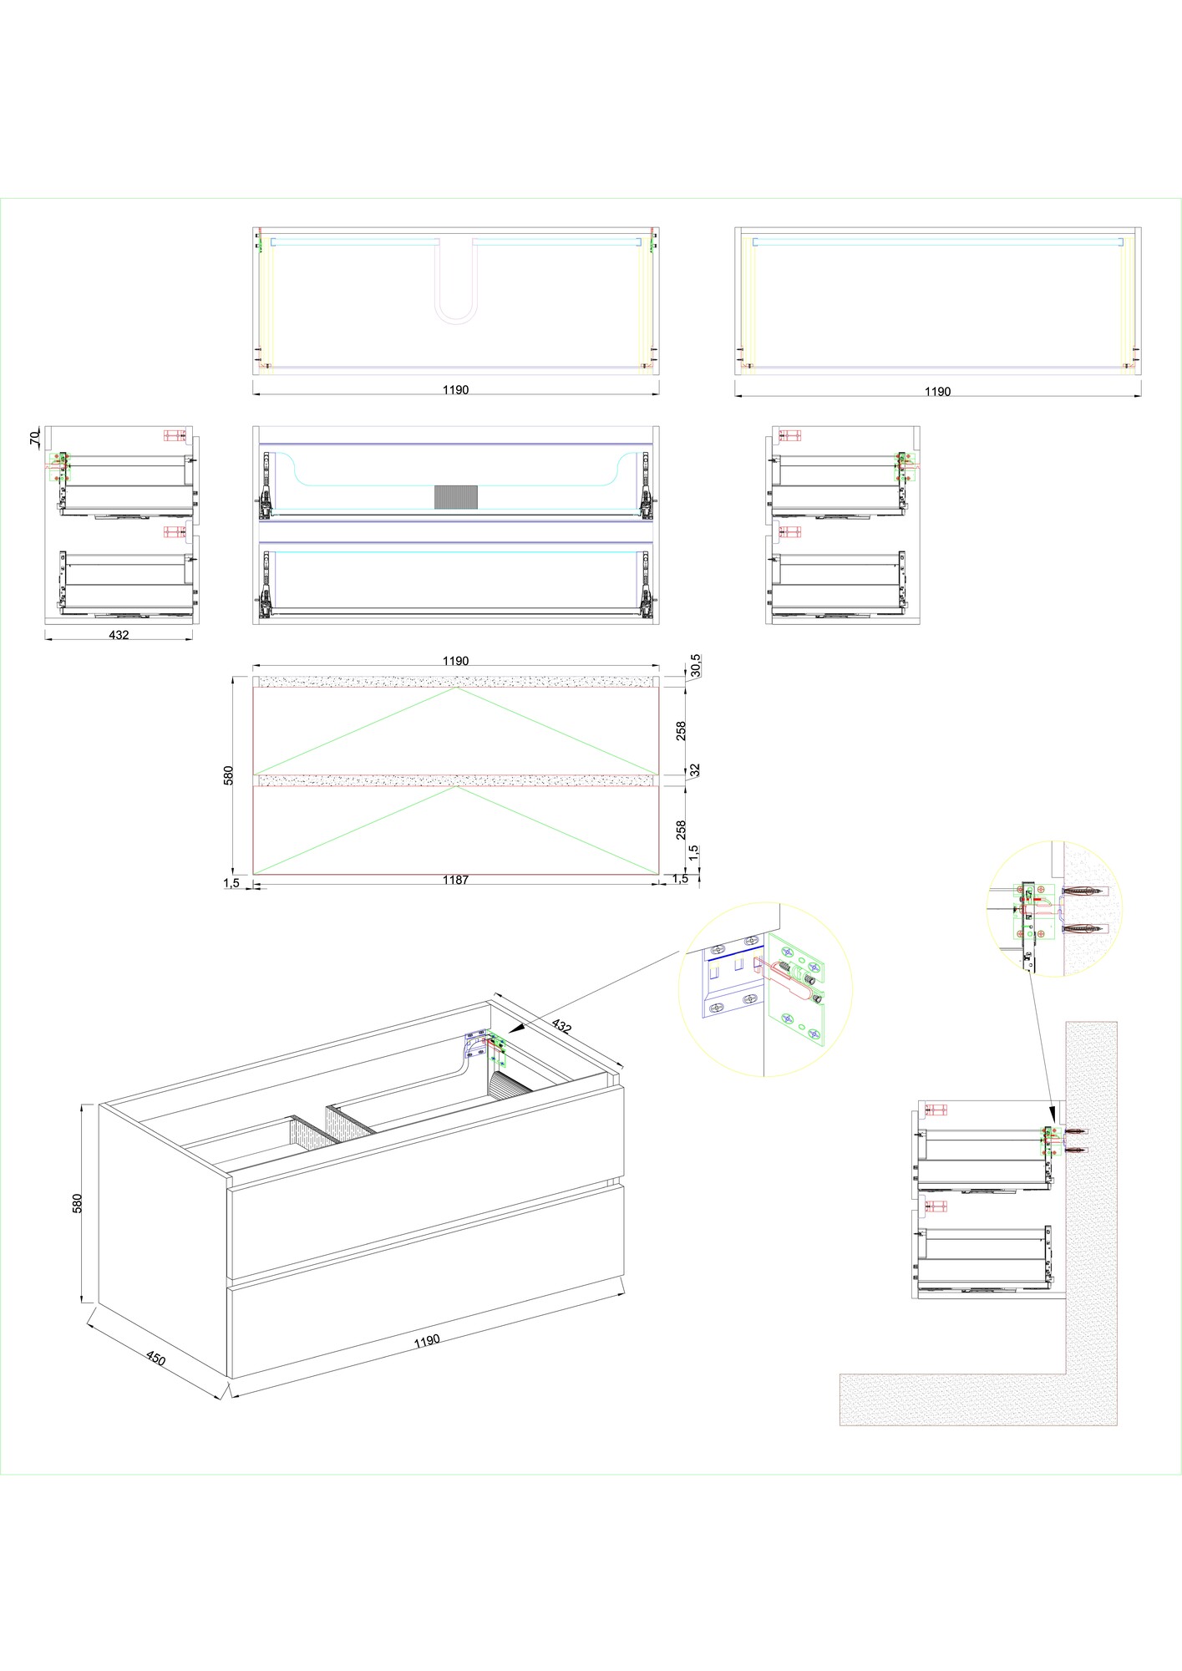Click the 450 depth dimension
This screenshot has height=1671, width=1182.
(156, 1359)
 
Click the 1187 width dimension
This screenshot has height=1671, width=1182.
(456, 880)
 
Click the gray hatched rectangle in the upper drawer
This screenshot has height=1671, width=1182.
(456, 495)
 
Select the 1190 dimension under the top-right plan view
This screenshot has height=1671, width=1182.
(937, 391)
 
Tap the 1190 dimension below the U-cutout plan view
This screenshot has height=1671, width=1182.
(456, 389)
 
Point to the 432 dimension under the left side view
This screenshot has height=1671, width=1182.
(119, 635)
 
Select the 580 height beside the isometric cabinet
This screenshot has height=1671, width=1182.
(78, 1202)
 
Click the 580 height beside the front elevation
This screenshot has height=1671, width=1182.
(229, 775)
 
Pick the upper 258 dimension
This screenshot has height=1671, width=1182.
(682, 730)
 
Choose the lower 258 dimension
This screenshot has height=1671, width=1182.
(682, 830)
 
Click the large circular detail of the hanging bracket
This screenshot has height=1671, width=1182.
(765, 989)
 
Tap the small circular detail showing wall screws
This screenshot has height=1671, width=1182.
(1055, 908)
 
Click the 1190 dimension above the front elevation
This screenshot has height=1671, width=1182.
(456, 661)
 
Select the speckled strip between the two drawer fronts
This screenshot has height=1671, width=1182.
(456, 780)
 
